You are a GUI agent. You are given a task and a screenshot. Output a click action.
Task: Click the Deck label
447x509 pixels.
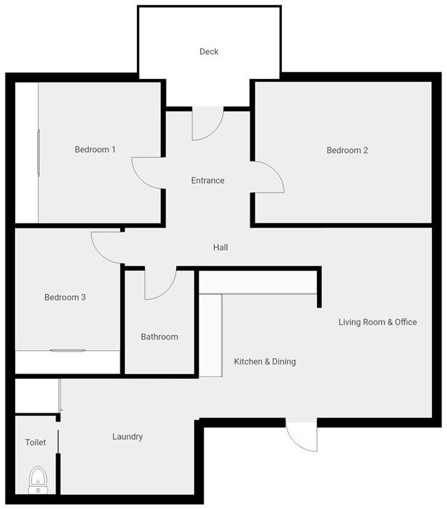[209, 52]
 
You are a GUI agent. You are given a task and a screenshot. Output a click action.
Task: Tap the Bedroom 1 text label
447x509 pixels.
[95, 149]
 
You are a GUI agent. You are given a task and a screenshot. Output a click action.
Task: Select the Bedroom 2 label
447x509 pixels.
[347, 150]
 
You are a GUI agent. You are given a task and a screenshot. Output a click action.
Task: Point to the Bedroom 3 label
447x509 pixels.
[65, 297]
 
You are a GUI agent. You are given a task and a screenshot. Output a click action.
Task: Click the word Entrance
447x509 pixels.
[208, 180]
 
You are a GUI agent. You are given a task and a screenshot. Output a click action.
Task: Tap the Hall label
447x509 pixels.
[220, 247]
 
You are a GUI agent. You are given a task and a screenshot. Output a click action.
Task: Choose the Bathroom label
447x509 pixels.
[160, 336]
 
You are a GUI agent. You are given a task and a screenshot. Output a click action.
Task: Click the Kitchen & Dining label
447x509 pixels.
[265, 361]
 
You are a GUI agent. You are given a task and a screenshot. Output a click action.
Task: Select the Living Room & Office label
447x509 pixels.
[378, 322]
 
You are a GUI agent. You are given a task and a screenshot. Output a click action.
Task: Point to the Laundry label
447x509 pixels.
[127, 436]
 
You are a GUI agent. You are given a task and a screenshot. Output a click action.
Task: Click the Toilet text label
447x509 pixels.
[36, 442]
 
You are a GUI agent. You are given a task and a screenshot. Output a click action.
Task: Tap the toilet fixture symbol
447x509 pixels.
[36, 479]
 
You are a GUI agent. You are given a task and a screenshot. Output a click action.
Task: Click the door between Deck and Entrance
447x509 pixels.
[206, 124]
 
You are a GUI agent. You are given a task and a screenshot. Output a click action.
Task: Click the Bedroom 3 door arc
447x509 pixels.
[107, 246]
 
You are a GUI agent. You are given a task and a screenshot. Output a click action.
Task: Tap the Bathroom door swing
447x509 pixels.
[160, 283]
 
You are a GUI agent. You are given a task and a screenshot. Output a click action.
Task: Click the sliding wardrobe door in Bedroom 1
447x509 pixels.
[39, 152]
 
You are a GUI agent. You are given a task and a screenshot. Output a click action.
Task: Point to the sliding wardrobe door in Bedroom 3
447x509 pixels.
[67, 351]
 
